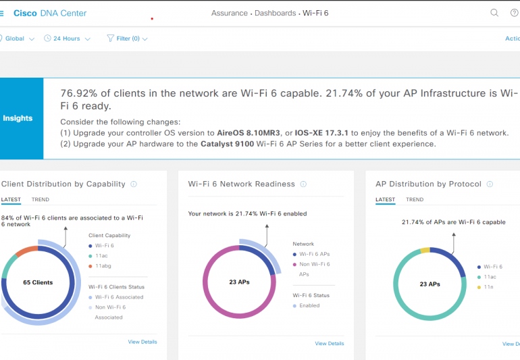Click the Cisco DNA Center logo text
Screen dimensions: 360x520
click(49, 13)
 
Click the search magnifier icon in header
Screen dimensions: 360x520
click(494, 13)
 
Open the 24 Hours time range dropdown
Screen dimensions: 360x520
click(66, 38)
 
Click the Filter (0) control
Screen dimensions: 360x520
click(127, 38)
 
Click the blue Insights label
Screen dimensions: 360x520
click(18, 118)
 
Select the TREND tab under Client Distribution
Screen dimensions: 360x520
click(41, 200)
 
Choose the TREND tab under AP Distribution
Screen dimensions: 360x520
click(415, 200)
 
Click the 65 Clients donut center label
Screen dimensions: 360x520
click(38, 282)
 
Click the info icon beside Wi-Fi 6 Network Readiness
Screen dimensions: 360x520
click(303, 184)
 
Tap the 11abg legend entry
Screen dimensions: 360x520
click(103, 267)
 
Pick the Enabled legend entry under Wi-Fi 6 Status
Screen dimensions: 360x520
click(309, 305)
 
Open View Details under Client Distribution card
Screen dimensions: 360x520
click(142, 342)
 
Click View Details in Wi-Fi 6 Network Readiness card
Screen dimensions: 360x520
click(329, 344)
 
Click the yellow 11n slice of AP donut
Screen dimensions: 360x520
click(425, 251)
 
